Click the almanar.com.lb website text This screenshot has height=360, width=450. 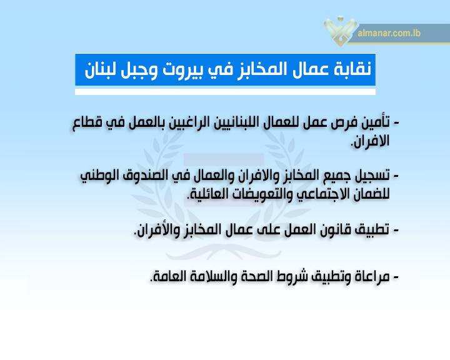point(389,33)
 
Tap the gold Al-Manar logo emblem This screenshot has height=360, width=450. point(341,31)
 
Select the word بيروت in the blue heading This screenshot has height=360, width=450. point(182,70)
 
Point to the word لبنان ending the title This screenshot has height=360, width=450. point(100,70)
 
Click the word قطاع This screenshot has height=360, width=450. point(87,123)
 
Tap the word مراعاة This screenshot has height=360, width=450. point(370,276)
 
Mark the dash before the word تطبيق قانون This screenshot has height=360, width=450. point(396,230)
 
